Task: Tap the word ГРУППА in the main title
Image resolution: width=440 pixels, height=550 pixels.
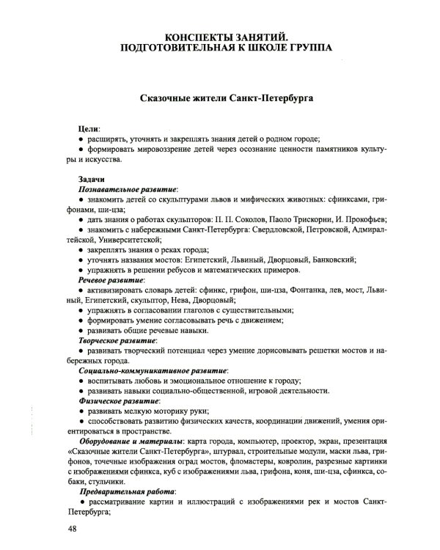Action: [301, 48]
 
